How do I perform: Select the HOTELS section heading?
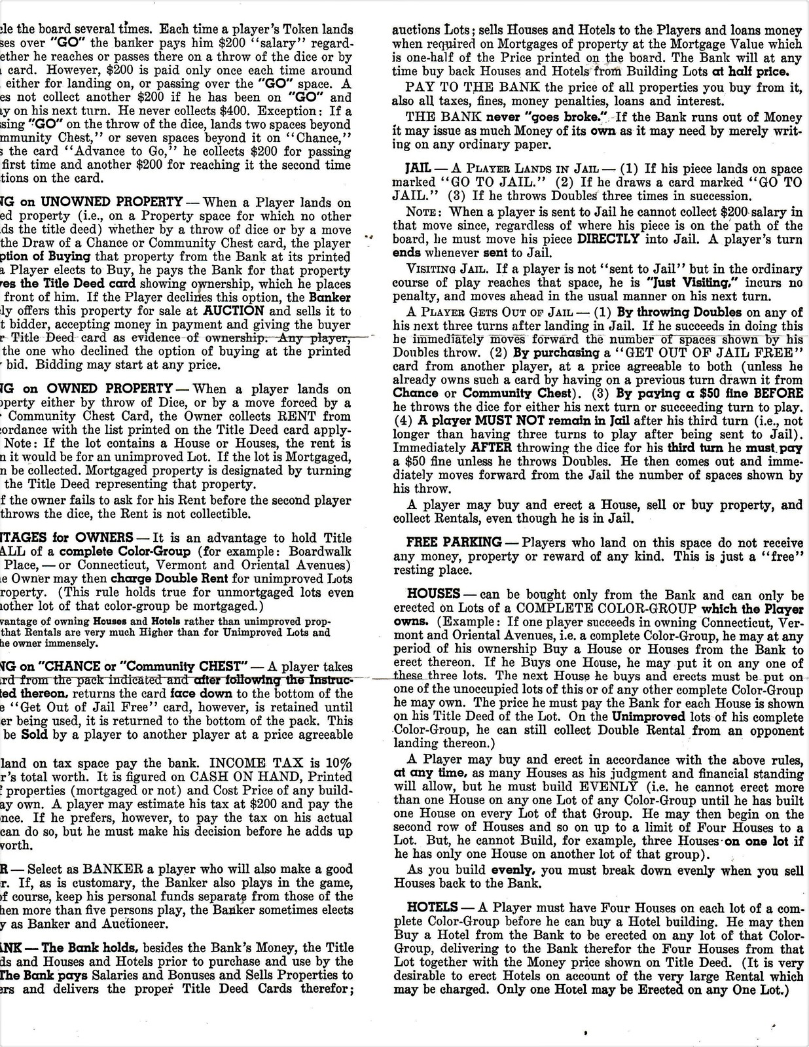pyautogui.click(x=432, y=908)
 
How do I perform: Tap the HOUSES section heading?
pyautogui.click(x=433, y=595)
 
